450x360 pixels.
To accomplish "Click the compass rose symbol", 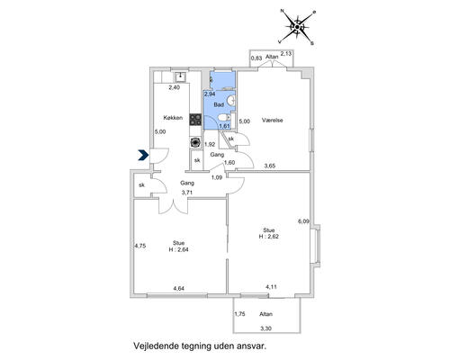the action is coord(297,27).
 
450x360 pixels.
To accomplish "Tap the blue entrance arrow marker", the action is coord(144,155).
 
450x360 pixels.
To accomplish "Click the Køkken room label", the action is coord(173,118).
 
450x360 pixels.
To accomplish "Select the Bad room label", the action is coord(219,104).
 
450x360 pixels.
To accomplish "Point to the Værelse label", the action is coord(273,121).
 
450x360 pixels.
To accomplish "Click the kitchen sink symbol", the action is coord(180,76).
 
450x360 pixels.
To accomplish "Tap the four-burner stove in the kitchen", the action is coord(195,120).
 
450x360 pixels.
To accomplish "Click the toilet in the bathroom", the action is coord(224,117).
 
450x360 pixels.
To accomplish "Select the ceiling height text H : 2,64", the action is coord(178,249).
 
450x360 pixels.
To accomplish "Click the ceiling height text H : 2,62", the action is coord(269,236).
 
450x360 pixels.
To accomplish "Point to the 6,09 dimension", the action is coord(303,221).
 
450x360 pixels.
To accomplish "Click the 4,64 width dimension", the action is coord(178,289).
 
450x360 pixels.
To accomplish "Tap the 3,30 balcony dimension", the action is coord(265,328).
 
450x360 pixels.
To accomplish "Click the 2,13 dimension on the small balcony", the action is coord(285,54).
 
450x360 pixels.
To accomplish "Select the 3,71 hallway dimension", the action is coord(187,193).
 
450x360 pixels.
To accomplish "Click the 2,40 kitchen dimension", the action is coord(175,87).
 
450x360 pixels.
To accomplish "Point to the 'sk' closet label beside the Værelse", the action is coord(231,139).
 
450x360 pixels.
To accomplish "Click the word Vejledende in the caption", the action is coord(157,346).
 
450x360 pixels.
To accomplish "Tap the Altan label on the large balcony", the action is coord(266,314).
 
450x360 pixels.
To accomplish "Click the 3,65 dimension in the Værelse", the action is coord(270,166).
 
